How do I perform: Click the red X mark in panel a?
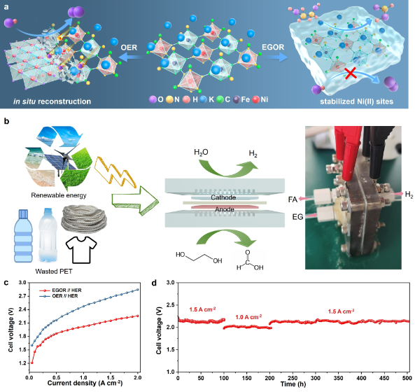[x=351, y=73]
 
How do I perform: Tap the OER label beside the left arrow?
[x=129, y=48]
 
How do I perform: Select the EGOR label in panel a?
[x=273, y=47]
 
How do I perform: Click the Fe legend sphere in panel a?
[x=237, y=99]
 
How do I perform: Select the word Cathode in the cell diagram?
[x=223, y=197]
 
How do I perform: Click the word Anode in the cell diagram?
[x=225, y=209]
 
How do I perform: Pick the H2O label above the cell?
[x=201, y=153]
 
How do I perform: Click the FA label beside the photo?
[x=293, y=199]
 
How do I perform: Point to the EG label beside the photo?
[x=297, y=217]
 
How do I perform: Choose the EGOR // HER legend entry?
[x=60, y=290]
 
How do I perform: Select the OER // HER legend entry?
[x=59, y=296]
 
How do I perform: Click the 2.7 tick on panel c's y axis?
[x=23, y=296]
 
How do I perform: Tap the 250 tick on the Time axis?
[x=293, y=378]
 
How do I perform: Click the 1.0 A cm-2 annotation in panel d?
[x=248, y=317]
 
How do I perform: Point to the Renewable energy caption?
[x=59, y=195]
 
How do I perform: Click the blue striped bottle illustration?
[x=23, y=236]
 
